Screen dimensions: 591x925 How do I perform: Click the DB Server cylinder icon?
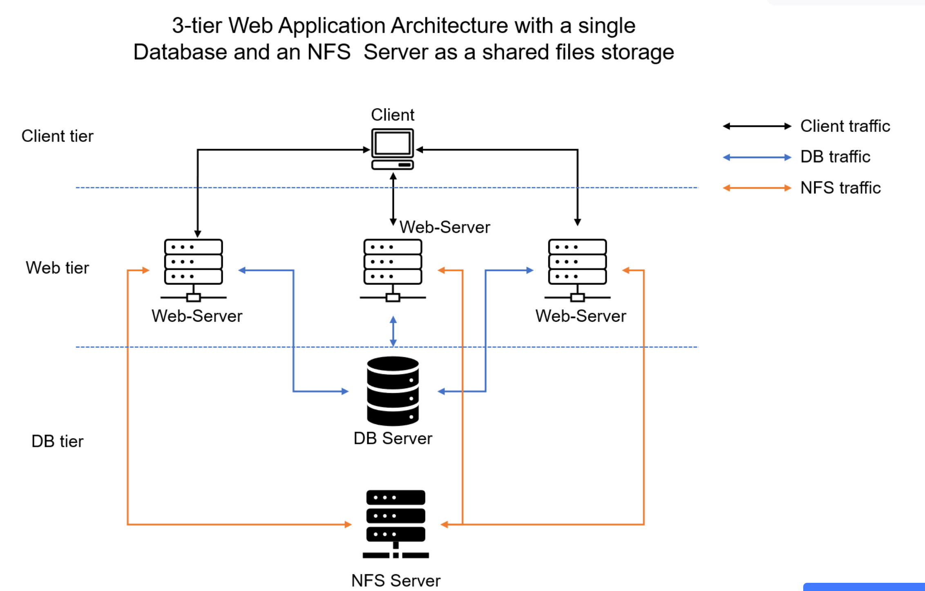point(393,391)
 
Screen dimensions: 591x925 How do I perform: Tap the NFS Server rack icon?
point(395,524)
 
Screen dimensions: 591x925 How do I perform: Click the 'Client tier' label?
point(57,136)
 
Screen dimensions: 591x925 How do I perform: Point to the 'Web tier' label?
point(57,268)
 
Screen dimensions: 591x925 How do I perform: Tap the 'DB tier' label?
point(57,441)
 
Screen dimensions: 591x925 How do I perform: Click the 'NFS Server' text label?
point(395,580)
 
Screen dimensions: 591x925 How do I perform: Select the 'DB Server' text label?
point(393,439)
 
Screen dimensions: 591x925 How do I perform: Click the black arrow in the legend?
point(757,126)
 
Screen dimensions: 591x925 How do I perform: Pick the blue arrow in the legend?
point(757,157)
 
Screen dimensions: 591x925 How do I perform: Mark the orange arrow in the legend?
point(757,188)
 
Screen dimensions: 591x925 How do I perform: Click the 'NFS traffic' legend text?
point(840,188)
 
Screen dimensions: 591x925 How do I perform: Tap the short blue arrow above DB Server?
point(393,331)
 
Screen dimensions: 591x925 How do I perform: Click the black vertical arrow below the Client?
point(393,199)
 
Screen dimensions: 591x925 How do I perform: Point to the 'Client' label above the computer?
point(392,115)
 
